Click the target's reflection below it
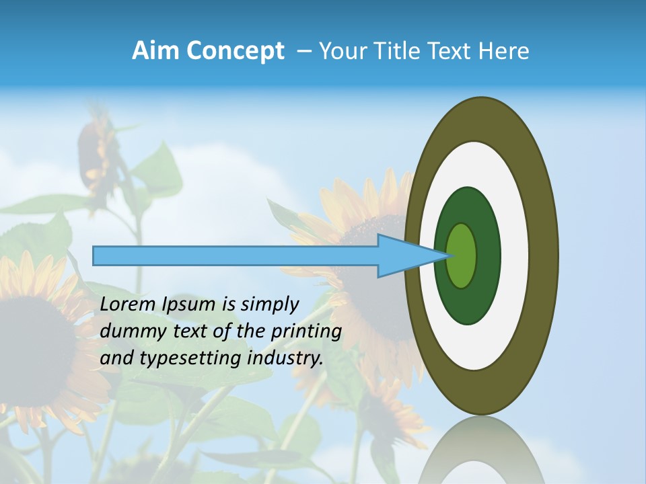pos(481,450)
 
